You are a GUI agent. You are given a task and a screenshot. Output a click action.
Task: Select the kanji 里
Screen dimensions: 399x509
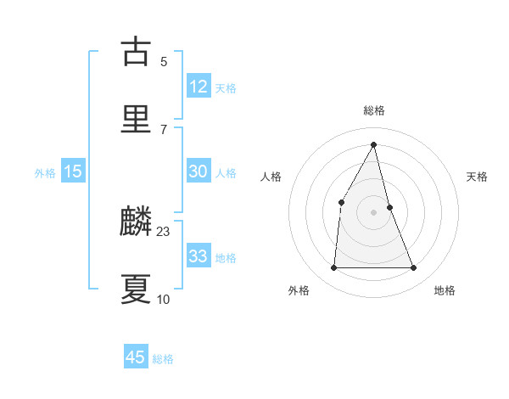(x=137, y=118)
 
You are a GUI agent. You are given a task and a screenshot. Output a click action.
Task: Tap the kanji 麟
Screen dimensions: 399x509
(x=137, y=222)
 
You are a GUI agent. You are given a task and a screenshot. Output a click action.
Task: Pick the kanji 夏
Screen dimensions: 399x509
(x=137, y=289)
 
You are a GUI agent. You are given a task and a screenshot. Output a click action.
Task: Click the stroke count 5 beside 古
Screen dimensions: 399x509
(x=164, y=61)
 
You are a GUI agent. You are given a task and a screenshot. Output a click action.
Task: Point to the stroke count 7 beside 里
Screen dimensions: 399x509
(x=164, y=129)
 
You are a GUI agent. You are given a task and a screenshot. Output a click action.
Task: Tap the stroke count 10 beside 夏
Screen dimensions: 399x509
(x=164, y=299)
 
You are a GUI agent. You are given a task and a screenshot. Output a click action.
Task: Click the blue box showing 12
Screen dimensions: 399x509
(x=198, y=86)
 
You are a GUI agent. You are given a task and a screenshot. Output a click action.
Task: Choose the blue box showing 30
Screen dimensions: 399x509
(x=198, y=171)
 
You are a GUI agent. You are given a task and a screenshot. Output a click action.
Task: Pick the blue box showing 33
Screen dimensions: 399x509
(x=198, y=256)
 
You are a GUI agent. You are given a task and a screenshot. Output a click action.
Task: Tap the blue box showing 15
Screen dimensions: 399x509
(x=73, y=171)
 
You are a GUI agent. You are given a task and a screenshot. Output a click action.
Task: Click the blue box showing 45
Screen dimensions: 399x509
(x=136, y=357)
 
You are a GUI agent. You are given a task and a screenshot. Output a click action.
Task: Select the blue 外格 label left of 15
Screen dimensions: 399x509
(x=45, y=173)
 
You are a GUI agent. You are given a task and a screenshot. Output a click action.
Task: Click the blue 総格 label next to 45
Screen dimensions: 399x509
(x=163, y=359)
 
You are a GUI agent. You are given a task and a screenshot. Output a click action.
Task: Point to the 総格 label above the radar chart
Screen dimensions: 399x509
(x=374, y=110)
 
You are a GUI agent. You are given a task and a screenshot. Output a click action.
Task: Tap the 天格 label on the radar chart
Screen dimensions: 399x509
(x=478, y=177)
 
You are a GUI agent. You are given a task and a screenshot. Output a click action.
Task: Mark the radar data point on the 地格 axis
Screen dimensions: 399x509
(x=414, y=268)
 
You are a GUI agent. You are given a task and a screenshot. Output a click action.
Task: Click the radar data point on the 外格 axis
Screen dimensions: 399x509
(x=333, y=268)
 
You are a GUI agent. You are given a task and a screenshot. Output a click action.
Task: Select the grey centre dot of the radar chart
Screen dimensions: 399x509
(x=374, y=212)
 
